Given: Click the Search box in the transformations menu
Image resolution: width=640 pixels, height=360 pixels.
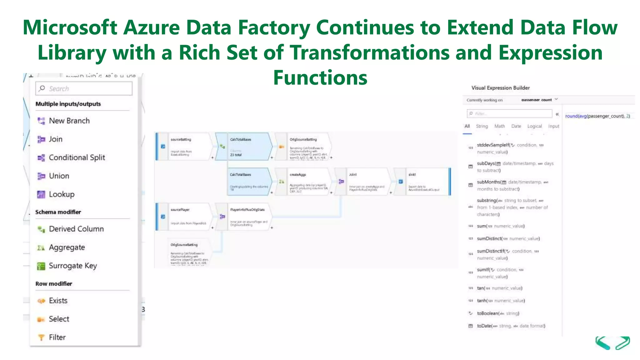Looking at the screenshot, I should click(x=84, y=89).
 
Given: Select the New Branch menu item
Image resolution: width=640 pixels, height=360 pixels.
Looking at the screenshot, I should click(x=69, y=121).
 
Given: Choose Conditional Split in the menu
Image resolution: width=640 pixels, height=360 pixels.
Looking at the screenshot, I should click(x=77, y=158).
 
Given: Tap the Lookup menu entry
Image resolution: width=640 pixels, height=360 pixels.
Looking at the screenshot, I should click(x=62, y=194).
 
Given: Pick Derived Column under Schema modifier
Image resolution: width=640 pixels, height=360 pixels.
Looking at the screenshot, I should click(x=76, y=229).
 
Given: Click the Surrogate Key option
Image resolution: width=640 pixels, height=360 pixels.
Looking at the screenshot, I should click(x=72, y=266).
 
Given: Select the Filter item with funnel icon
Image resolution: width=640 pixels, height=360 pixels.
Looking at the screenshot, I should click(x=57, y=337).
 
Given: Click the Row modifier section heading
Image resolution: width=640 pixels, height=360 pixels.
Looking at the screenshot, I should click(x=54, y=284).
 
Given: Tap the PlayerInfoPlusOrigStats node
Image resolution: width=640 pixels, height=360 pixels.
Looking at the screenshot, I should click(x=248, y=217).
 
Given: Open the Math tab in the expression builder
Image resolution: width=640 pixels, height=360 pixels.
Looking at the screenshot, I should click(x=499, y=126).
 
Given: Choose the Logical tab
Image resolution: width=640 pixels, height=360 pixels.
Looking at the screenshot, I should click(x=534, y=126).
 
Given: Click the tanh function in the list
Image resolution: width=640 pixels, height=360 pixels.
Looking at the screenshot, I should click(x=501, y=301).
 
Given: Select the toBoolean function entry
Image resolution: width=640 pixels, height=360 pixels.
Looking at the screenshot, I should click(x=497, y=313).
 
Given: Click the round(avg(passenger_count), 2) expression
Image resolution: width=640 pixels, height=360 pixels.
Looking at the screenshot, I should click(x=597, y=116).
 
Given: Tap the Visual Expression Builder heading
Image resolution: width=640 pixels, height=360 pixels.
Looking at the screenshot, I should click(x=500, y=88).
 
